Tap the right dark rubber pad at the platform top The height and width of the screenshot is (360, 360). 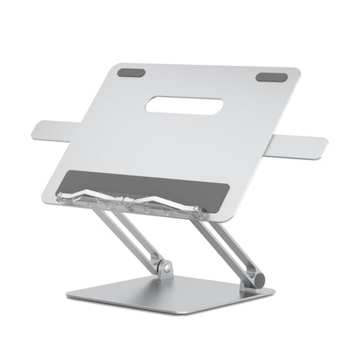coord(267,79)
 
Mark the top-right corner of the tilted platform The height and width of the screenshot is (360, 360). coord(298,71)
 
